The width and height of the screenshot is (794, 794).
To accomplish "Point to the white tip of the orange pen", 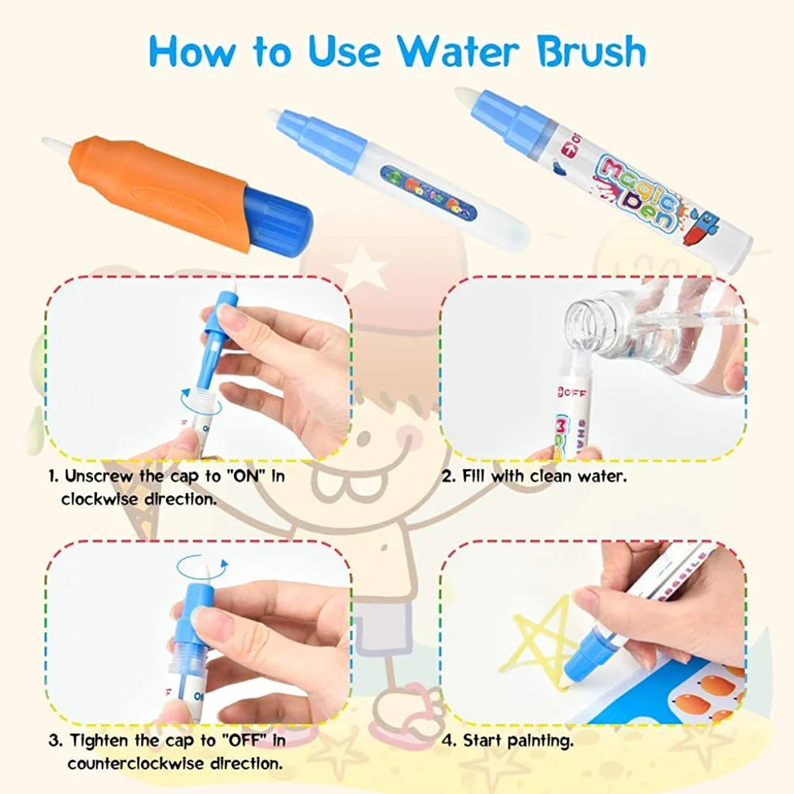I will coord(56,145).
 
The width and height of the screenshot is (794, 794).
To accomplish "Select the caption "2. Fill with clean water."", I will coord(534,476).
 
